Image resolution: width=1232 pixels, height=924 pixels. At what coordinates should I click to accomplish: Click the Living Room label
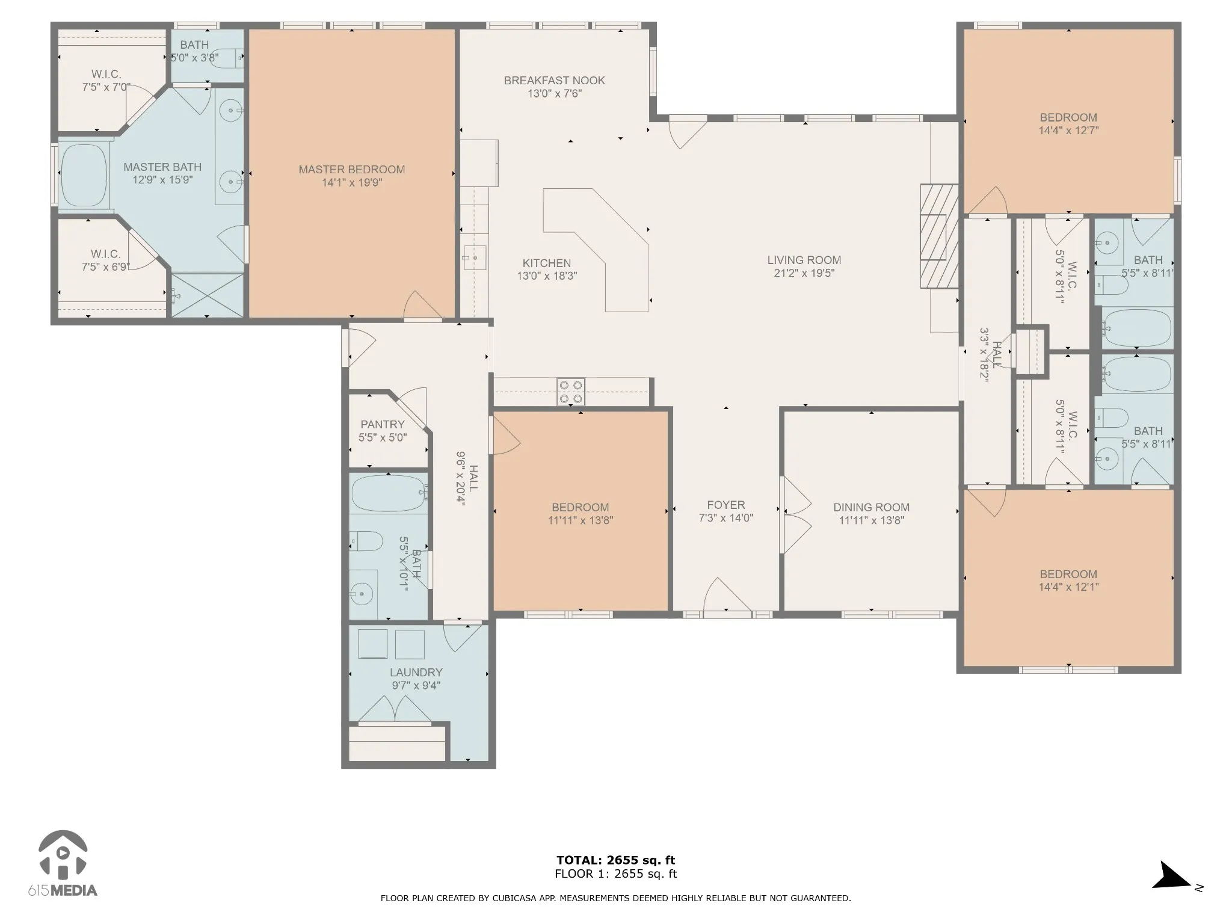[x=804, y=260]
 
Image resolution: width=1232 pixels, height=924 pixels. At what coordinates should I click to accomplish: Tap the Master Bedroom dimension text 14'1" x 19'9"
[x=352, y=183]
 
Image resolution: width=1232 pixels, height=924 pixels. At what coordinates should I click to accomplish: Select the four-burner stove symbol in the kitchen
[x=571, y=392]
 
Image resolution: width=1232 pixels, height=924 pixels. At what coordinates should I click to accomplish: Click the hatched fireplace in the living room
[x=939, y=236]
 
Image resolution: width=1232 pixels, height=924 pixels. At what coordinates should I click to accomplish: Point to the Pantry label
[x=383, y=425]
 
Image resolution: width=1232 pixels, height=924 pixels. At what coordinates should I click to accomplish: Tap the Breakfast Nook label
[x=554, y=81]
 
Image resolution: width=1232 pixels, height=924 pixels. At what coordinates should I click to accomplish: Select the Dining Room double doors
[x=796, y=515]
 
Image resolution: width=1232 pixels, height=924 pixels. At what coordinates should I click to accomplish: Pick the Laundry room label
[x=416, y=673]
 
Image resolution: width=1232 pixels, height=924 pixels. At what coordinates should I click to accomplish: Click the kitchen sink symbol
[x=475, y=258]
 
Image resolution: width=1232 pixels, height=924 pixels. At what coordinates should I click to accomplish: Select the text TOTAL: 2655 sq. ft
[x=616, y=860]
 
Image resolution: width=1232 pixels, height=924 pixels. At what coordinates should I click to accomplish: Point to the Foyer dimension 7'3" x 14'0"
[x=726, y=518]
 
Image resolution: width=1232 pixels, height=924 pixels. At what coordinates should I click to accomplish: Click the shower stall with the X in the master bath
[x=208, y=295]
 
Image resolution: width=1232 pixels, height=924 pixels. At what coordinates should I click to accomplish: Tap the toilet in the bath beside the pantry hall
[x=366, y=541]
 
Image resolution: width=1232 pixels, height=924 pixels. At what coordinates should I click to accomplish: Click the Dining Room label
[x=871, y=508]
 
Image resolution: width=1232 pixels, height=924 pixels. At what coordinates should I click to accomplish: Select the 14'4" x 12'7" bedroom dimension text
[x=1068, y=131]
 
